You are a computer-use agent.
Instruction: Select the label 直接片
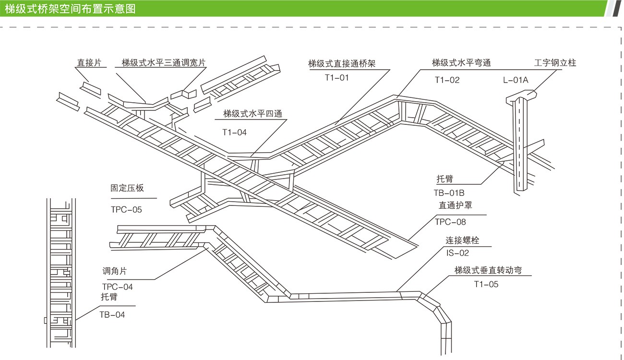[92, 62]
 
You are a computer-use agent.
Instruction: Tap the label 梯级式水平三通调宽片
[164, 62]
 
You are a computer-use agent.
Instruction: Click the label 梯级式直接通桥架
[342, 63]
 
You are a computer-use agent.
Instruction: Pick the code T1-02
[447, 80]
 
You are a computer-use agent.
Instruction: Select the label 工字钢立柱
[555, 63]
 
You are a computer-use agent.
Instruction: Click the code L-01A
[516, 80]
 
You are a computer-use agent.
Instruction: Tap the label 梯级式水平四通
[252, 114]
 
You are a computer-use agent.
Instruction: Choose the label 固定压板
[127, 189]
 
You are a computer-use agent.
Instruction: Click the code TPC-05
[126, 209]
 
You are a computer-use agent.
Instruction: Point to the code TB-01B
[449, 193]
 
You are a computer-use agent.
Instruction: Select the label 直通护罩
[455, 205]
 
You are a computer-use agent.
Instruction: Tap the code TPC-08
[450, 221]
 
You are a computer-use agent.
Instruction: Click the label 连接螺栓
[462, 240]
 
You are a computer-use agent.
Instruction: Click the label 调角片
[114, 271]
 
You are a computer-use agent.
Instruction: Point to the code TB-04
[112, 315]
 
